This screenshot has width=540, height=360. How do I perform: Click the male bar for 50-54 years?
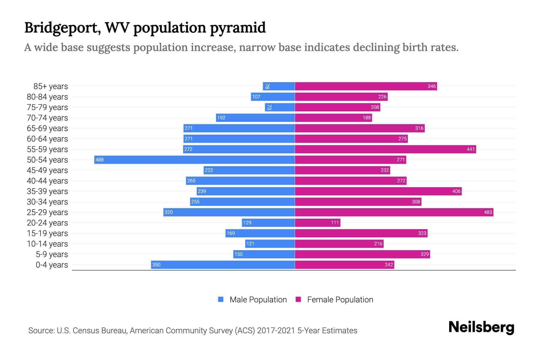click(x=194, y=160)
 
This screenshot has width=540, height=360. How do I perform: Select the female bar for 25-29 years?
click(x=394, y=212)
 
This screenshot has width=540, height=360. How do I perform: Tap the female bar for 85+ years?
click(x=366, y=86)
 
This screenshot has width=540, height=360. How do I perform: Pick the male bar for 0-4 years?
click(x=223, y=265)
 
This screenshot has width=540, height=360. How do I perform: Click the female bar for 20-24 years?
click(x=317, y=223)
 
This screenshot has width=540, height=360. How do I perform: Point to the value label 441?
click(x=470, y=149)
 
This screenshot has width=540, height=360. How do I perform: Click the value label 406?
click(x=456, y=191)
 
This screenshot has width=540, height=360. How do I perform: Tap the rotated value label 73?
click(x=269, y=107)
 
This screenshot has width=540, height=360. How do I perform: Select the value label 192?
click(x=221, y=118)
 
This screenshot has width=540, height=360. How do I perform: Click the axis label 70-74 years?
click(x=47, y=118)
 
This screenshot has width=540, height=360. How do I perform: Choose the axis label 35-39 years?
click(x=47, y=191)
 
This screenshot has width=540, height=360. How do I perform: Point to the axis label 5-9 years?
click(x=52, y=254)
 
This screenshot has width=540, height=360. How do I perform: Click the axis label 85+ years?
click(x=51, y=86)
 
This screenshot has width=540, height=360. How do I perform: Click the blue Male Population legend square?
click(x=221, y=299)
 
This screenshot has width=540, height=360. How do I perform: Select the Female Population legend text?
click(x=340, y=299)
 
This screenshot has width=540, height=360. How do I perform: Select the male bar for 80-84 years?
click(x=273, y=97)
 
